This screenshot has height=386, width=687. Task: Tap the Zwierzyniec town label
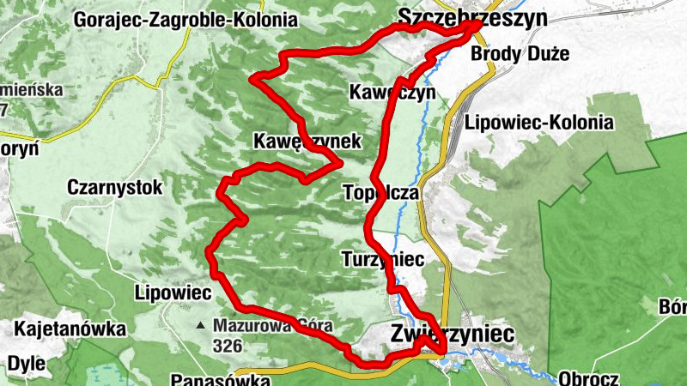tap(453, 333)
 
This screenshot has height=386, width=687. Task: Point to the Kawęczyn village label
tap(392, 92)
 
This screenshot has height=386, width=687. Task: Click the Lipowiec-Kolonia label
tap(539, 123)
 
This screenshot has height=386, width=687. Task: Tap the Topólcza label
tap(380, 193)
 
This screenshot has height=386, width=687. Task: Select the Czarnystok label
tap(109, 186)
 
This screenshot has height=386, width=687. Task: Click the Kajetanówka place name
tap(70, 329)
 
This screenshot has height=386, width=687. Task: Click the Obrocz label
tap(589, 377)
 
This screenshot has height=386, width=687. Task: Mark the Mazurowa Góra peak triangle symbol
tap(200, 326)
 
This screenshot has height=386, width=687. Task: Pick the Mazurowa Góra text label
tap(272, 326)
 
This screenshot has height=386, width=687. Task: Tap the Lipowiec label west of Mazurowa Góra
tap(173, 293)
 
